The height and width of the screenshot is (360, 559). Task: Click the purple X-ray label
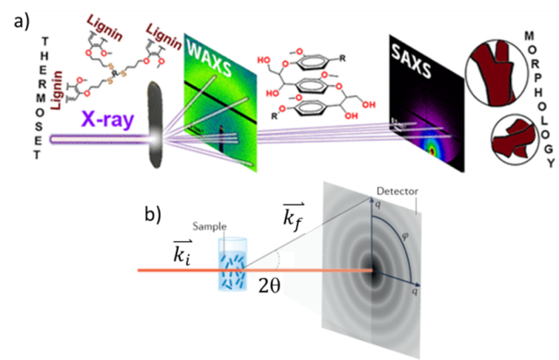[104, 119]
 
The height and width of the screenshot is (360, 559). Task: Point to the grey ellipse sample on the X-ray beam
[156, 122]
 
